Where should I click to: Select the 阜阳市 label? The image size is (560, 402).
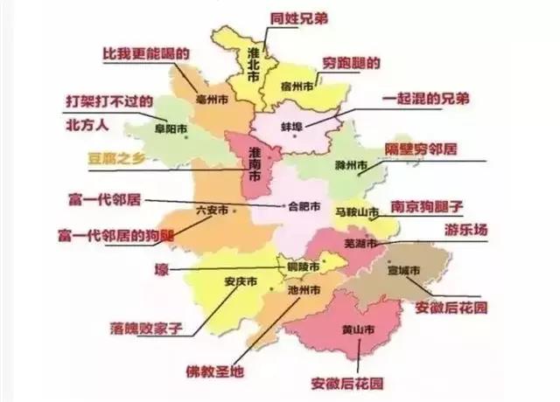click(x=171, y=128)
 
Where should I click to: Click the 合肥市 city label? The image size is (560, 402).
click(x=299, y=207)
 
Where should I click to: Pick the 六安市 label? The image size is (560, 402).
click(x=213, y=210)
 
